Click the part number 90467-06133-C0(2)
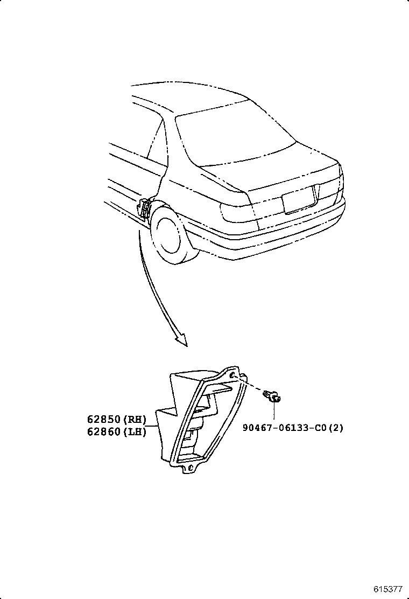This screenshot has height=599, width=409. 292,428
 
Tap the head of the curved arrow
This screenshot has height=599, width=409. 181,340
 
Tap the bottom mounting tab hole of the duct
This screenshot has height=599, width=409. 189,468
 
